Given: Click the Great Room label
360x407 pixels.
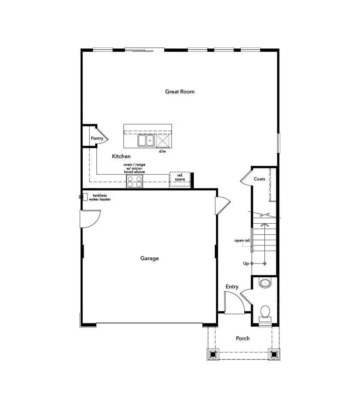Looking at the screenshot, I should coord(180,91).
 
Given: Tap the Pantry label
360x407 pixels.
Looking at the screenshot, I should coord(97,138).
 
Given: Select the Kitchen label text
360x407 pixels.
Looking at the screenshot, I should coord(121,156).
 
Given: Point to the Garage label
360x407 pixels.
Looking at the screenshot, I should coord(150,258).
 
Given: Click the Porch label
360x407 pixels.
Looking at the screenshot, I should coord(243,338).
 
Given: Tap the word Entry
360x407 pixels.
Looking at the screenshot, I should coord(232,287).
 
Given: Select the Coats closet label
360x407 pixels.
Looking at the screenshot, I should coord(259,179).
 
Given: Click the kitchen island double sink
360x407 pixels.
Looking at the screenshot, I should coord(145,140).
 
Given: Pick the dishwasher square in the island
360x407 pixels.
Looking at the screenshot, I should coord(162,140).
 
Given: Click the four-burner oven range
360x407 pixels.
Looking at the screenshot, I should coord(135,182).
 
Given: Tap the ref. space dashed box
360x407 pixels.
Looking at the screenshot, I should coord(180,179).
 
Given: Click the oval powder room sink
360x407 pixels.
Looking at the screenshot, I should coord(266,283).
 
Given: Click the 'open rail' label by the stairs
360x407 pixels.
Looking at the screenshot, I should coord(242,240).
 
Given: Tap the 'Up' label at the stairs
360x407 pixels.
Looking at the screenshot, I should coord(246,263).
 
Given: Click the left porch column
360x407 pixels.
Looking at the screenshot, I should coord(213,354).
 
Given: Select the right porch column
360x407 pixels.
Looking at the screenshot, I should coord(273,354).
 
